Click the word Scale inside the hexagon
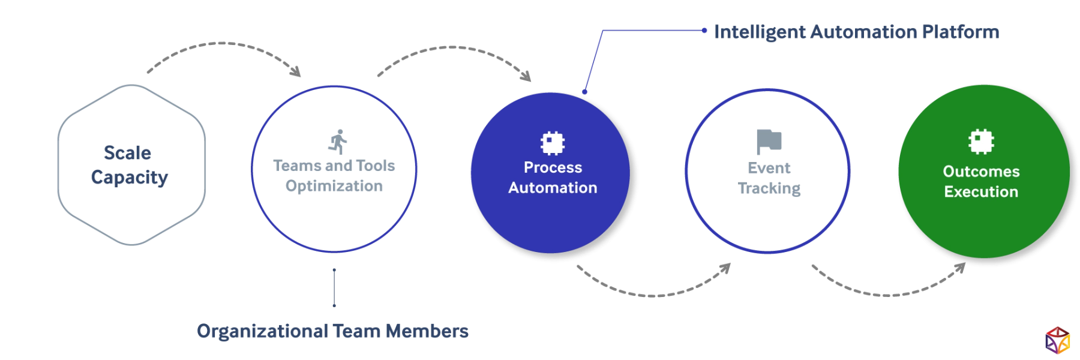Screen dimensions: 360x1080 [x=127, y=154]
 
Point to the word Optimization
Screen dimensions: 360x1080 [x=334, y=186]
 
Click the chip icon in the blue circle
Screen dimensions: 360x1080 [x=553, y=143]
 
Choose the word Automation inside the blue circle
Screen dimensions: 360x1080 [x=553, y=188]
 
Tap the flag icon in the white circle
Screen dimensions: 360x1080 [x=768, y=139]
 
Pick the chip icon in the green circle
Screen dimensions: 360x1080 [x=981, y=142]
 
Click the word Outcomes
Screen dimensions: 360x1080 [x=981, y=172]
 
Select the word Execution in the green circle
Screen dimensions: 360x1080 [x=981, y=192]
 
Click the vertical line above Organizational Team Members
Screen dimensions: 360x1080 [x=334, y=285]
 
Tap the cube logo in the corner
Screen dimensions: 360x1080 [x=1057, y=340]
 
